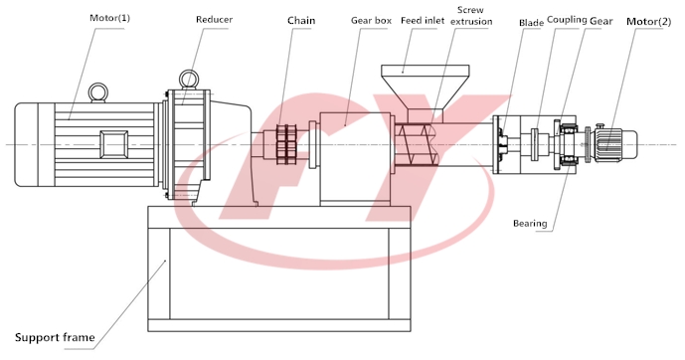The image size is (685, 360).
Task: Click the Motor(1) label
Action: [x=109, y=18]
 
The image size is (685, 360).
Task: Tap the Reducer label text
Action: [x=214, y=20]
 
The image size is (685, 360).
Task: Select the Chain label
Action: [x=301, y=21]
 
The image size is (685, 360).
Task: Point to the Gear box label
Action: [x=372, y=21]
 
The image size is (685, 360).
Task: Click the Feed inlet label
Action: [x=423, y=21]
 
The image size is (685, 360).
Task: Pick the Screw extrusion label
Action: [x=471, y=16]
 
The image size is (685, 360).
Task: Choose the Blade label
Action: [x=531, y=23]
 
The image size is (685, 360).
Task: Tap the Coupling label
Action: [x=567, y=20]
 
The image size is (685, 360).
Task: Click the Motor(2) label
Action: [x=649, y=22]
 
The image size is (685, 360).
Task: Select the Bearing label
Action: [x=530, y=223]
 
